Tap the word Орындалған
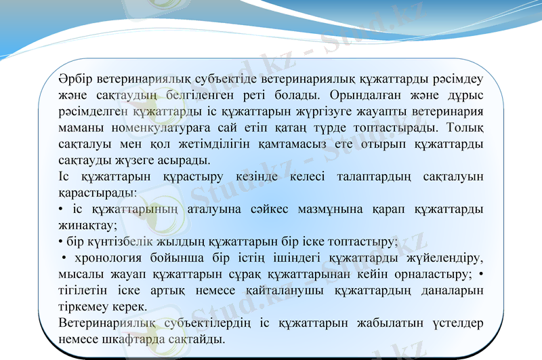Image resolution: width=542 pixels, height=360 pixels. pos(354,95)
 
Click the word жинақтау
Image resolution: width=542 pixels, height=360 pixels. pos(88,226)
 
